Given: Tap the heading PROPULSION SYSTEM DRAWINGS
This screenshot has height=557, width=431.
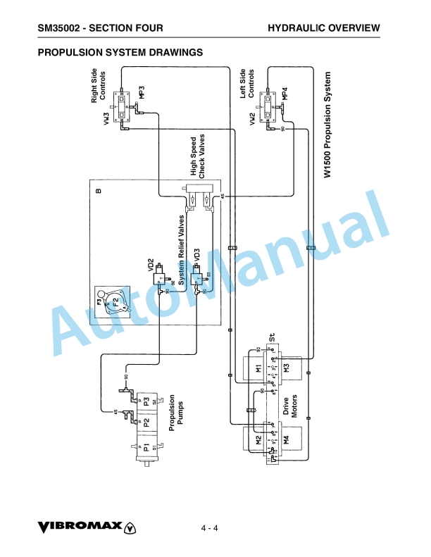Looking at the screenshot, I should (x=120, y=52).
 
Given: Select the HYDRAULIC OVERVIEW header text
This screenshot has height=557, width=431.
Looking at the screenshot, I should (x=324, y=28).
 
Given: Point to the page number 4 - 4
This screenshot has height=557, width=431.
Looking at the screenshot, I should (x=210, y=528).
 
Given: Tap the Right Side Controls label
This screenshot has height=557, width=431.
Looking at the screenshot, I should (x=99, y=86).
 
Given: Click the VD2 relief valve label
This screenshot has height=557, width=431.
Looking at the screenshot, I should (x=151, y=265).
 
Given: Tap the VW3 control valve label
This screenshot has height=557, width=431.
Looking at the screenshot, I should (x=107, y=118).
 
